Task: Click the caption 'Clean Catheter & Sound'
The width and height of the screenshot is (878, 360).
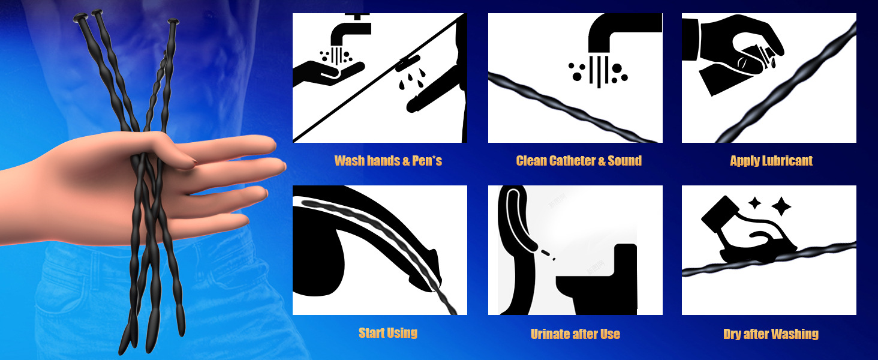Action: pos(579,161)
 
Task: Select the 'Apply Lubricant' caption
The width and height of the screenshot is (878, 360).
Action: pos(771,161)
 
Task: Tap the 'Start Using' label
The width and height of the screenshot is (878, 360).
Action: pos(388,333)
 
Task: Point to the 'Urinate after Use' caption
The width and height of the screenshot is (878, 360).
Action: pos(575,334)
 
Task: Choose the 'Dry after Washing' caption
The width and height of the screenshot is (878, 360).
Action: pos(771,334)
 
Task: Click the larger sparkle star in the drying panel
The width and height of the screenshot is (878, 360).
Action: pos(781,206)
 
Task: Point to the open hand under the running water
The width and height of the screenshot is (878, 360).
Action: pos(329,73)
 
